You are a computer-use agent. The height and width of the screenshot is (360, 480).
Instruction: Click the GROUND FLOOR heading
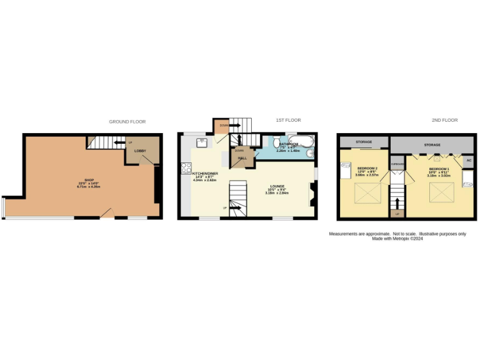[127, 121]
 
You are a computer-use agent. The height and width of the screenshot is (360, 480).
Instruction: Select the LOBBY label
[140, 151]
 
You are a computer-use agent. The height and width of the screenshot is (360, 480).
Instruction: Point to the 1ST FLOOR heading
[289, 120]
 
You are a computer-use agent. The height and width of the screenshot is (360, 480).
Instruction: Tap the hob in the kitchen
[186, 167]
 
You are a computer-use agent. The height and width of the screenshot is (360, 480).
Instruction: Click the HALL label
[242, 159]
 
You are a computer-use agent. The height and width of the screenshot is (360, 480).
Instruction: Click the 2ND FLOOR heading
[445, 120]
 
